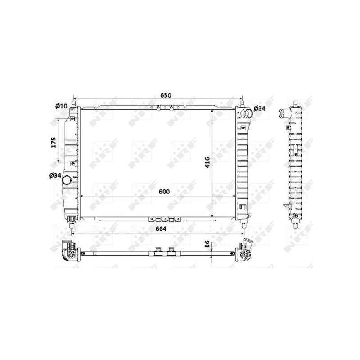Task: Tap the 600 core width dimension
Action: click(x=163, y=192)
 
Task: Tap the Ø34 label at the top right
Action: click(x=260, y=108)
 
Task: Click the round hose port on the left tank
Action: click(x=67, y=180)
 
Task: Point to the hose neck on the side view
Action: click(x=283, y=113)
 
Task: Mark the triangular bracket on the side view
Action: click(x=286, y=207)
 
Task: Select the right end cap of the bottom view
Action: click(x=245, y=252)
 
